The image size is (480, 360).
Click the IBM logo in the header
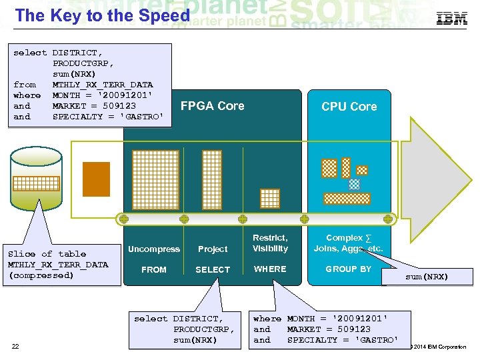click(x=451, y=18)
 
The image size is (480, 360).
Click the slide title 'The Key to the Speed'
click(x=102, y=16)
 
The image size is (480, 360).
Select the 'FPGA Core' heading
click(x=212, y=106)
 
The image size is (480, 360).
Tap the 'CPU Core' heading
click(x=349, y=107)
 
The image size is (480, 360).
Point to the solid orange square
click(x=96, y=179)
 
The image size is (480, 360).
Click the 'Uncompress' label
click(x=154, y=249)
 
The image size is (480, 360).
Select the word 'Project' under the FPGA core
click(x=213, y=249)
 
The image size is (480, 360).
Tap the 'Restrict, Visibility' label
click(x=270, y=243)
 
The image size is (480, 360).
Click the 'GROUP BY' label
click(x=348, y=269)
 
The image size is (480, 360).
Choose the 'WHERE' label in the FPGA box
click(x=270, y=269)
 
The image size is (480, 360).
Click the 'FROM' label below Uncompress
click(x=154, y=270)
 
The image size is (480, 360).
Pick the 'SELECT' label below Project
click(x=213, y=270)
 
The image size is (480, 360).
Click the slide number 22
click(x=15, y=345)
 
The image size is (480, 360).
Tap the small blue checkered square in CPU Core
click(x=355, y=184)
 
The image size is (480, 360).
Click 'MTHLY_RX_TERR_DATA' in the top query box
click(x=103, y=85)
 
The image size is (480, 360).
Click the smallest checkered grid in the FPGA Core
click(x=270, y=199)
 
